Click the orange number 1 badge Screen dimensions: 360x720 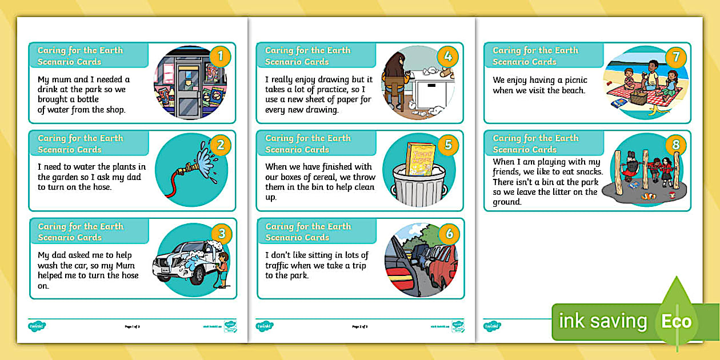tap(220, 57)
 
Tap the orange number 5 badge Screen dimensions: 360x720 tap(448, 145)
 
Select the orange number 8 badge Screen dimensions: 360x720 tap(675, 145)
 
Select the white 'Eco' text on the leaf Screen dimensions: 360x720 tap(676, 321)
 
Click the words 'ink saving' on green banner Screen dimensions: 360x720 tap(602, 321)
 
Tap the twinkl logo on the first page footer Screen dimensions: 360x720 tap(37, 326)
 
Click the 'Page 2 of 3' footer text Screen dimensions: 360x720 tap(360, 327)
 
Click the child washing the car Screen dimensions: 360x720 tap(223, 267)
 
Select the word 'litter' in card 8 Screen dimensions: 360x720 tap(548, 192)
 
